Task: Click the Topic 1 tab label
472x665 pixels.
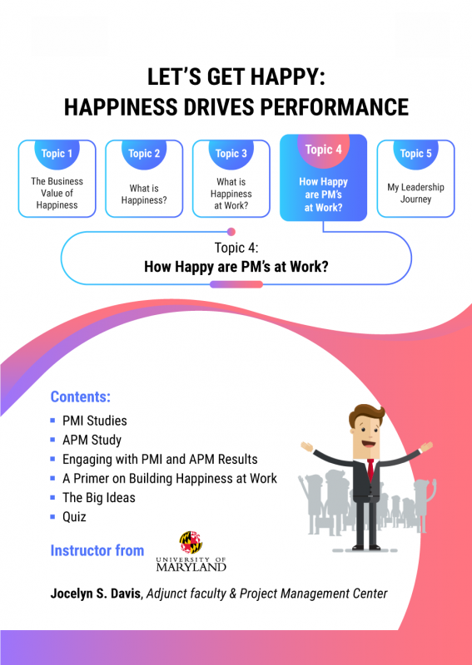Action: tap(58, 154)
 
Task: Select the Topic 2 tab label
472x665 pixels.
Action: tap(144, 154)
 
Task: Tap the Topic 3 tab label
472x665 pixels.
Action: tap(231, 154)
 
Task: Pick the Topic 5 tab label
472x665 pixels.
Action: tap(415, 154)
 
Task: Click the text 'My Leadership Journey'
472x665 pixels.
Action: tap(415, 193)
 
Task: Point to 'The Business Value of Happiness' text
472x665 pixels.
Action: tap(57, 193)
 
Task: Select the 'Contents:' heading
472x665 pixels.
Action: tap(81, 397)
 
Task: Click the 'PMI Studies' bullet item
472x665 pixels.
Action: tap(95, 421)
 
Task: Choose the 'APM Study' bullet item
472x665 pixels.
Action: tap(92, 440)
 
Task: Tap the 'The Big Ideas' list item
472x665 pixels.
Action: tap(98, 497)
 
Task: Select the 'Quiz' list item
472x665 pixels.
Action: tap(74, 516)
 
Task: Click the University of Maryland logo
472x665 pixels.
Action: tap(191, 552)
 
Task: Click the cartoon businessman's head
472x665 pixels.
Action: tap(366, 426)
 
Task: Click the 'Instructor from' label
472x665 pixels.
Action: tap(97, 550)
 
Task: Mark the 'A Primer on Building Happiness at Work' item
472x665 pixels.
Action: tap(170, 478)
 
